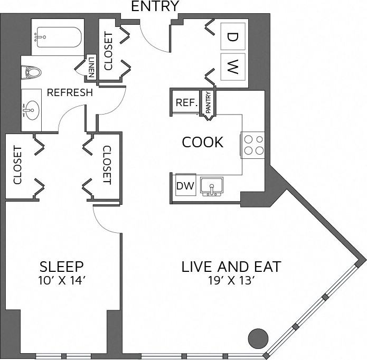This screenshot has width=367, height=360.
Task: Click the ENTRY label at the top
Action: (154, 6)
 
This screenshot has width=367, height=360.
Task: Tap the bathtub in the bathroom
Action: (57, 37)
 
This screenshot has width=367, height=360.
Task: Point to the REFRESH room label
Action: (70, 92)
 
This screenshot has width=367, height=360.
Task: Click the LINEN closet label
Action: (91, 67)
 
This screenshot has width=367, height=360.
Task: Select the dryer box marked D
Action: (232, 36)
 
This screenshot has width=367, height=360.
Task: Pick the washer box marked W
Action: (232, 67)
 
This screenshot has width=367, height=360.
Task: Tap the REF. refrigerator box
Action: (186, 103)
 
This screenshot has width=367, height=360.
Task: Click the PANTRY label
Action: (208, 103)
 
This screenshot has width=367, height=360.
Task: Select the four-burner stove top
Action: (253, 144)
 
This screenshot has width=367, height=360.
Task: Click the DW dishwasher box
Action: (185, 186)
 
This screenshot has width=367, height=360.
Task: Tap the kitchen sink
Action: (213, 186)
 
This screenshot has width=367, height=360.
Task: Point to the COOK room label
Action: (202, 142)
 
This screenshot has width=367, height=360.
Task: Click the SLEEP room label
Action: (62, 266)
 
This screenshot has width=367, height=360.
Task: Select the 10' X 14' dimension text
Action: (62, 281)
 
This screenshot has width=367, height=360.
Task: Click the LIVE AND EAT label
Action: (231, 266)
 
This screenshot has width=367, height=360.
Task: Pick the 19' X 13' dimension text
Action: (231, 281)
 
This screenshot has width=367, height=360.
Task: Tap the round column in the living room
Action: (259, 337)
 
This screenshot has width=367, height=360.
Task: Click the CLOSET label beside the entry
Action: (108, 52)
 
